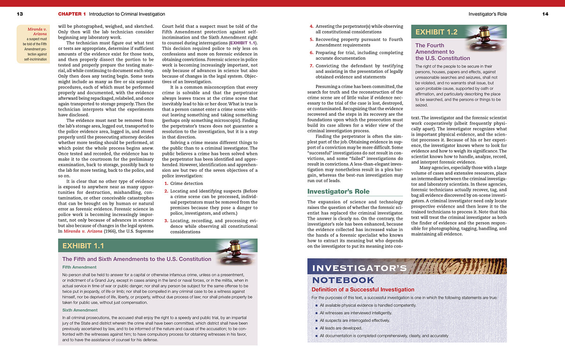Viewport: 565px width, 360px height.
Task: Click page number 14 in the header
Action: point(545,14)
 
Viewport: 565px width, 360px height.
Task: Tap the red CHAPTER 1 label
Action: point(72,14)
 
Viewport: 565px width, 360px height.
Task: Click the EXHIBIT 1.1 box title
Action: point(83,246)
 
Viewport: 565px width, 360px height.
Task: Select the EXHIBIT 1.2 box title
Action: point(436,32)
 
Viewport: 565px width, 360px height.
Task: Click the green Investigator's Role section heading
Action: point(338,192)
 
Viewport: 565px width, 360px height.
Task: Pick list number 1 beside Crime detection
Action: point(166,184)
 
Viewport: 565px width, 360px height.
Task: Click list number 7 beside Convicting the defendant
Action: point(312,66)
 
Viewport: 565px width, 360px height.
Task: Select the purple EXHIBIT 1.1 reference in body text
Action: point(244,43)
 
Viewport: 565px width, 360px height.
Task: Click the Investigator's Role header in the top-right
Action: point(488,14)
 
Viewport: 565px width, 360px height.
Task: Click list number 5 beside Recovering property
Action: point(312,40)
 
